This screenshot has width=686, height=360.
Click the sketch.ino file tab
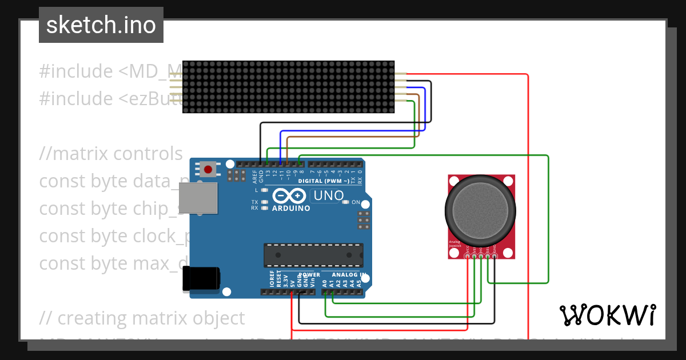101,25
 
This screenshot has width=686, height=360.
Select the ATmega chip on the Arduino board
313,255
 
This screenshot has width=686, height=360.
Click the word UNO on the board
328,196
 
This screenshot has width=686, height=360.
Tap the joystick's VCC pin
468,256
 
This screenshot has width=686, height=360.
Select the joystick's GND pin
494,256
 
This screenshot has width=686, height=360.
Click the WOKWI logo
607,315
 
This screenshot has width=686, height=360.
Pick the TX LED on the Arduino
264,202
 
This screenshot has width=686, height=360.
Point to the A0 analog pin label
324,283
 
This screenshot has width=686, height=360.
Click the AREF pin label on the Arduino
254,175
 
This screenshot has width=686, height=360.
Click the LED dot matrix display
289,87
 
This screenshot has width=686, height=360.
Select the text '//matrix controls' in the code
111,154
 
